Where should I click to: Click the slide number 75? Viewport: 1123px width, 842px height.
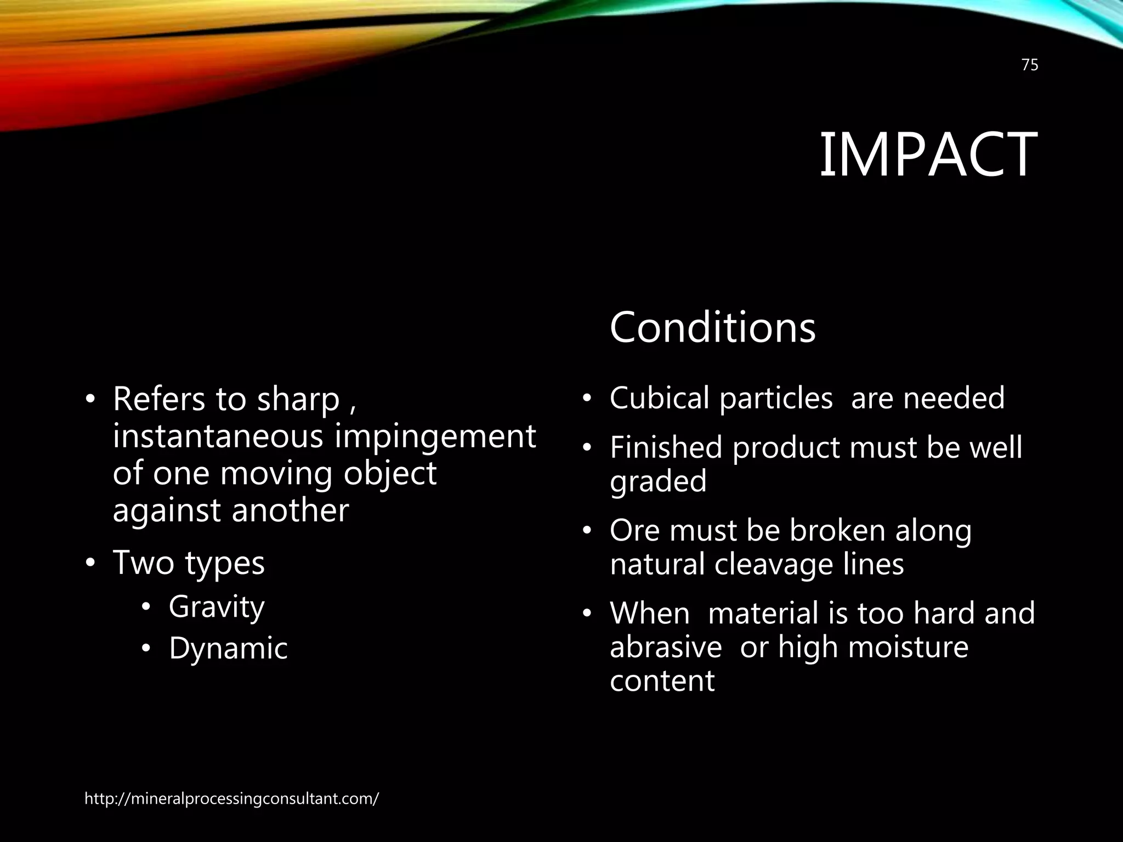pyautogui.click(x=1030, y=65)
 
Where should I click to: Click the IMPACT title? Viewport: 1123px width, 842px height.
pyautogui.click(x=928, y=155)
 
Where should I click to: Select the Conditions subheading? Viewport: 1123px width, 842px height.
pyautogui.click(x=712, y=327)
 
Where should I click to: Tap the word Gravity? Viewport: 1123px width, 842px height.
pyautogui.click(x=217, y=607)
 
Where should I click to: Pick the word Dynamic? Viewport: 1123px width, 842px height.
pyautogui.click(x=228, y=648)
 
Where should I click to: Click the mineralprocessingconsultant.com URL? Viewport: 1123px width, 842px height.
pyautogui.click(x=231, y=799)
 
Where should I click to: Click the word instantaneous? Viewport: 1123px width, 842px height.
pyautogui.click(x=218, y=436)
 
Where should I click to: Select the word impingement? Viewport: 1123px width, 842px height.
pyautogui.click(x=435, y=437)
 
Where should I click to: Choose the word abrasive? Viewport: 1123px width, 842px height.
pyautogui.click(x=666, y=647)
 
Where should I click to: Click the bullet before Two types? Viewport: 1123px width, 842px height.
pyautogui.click(x=90, y=564)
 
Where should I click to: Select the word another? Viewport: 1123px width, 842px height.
pyautogui.click(x=290, y=510)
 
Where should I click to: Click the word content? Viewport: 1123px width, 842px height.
pyautogui.click(x=662, y=681)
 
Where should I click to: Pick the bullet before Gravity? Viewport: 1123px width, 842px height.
pyautogui.click(x=146, y=607)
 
